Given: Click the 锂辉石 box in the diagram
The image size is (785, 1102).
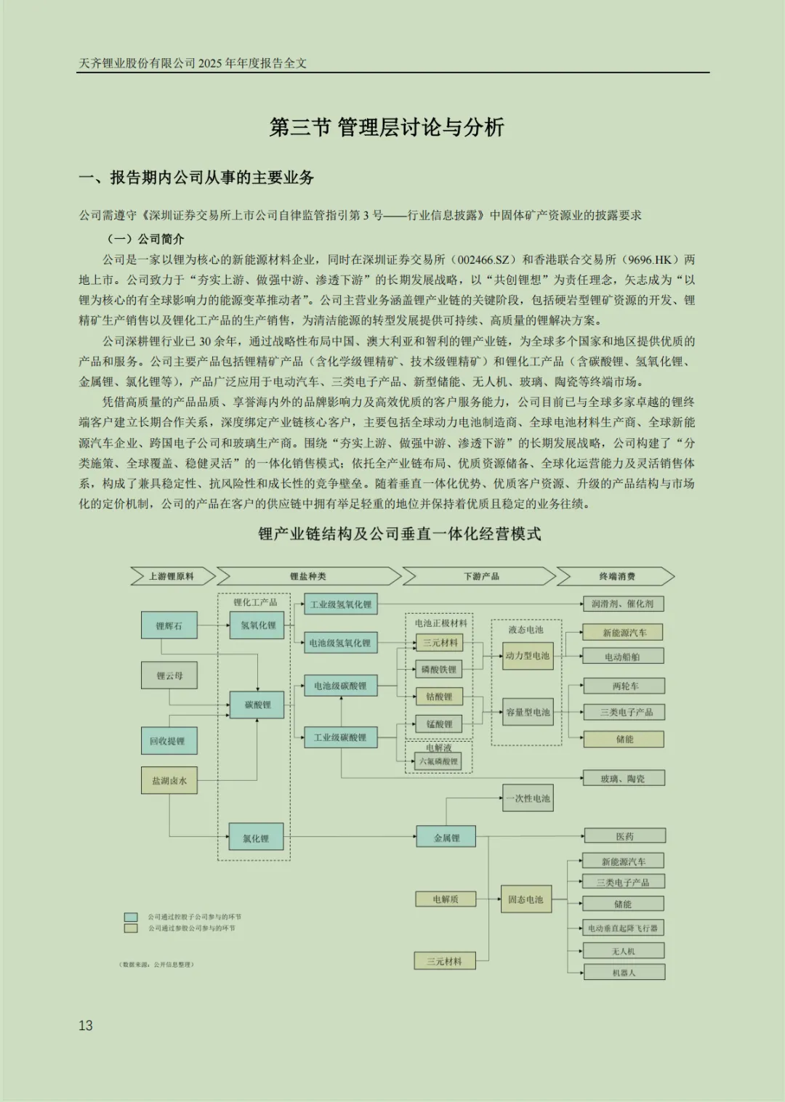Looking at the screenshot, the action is (169, 625).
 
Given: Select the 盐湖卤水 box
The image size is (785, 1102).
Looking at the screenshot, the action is (169, 781).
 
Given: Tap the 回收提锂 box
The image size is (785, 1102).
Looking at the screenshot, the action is (169, 741).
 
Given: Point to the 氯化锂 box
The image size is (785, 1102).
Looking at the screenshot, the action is (256, 838).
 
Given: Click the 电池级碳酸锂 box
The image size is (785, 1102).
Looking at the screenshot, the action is (340, 686).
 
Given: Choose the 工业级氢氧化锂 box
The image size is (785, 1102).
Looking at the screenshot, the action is (340, 604).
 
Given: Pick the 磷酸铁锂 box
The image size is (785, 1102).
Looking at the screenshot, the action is (439, 669).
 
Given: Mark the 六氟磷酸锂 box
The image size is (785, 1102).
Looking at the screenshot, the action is (439, 761).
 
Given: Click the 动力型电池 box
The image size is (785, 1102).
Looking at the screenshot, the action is (528, 656).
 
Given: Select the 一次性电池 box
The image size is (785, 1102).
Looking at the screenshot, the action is (528, 798).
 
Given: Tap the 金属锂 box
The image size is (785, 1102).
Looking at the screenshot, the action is (446, 838).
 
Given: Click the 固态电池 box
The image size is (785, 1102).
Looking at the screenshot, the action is (526, 899).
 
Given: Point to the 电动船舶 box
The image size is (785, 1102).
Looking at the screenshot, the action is (623, 657).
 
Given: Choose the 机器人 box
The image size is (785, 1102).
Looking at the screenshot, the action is (624, 972).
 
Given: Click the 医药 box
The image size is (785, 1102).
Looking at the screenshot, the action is (625, 836).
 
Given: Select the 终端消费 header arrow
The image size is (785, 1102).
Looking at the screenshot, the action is (616, 576).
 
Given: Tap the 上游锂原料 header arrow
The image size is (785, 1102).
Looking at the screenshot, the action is (172, 576).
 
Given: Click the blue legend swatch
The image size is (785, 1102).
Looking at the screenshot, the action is (131, 917).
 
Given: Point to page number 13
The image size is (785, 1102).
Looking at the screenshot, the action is (86, 1026).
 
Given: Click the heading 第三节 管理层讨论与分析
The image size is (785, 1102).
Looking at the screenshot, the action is (387, 128).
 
